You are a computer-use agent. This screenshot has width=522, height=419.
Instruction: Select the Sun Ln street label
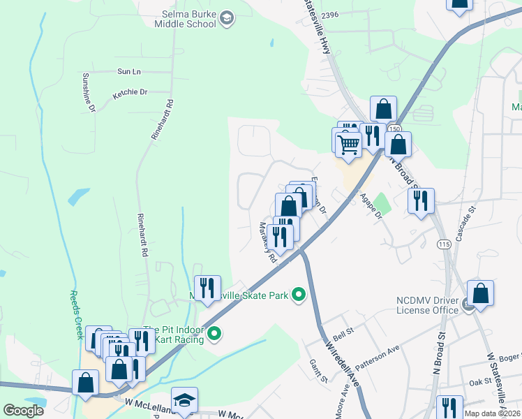(128, 71)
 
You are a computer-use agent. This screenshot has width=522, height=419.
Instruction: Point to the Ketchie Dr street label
(130, 92)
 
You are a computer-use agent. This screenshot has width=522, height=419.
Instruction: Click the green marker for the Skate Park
(299, 295)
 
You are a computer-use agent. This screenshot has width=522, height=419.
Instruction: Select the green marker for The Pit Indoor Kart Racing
(215, 335)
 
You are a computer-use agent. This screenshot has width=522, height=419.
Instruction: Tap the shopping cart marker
(348, 145)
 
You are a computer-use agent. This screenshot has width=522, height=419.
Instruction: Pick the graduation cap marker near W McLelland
(184, 400)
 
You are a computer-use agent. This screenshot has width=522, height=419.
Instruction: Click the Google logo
(23, 411)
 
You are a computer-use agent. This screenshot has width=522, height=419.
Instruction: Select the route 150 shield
(395, 129)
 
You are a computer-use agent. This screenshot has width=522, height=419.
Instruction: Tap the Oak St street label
(480, 382)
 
